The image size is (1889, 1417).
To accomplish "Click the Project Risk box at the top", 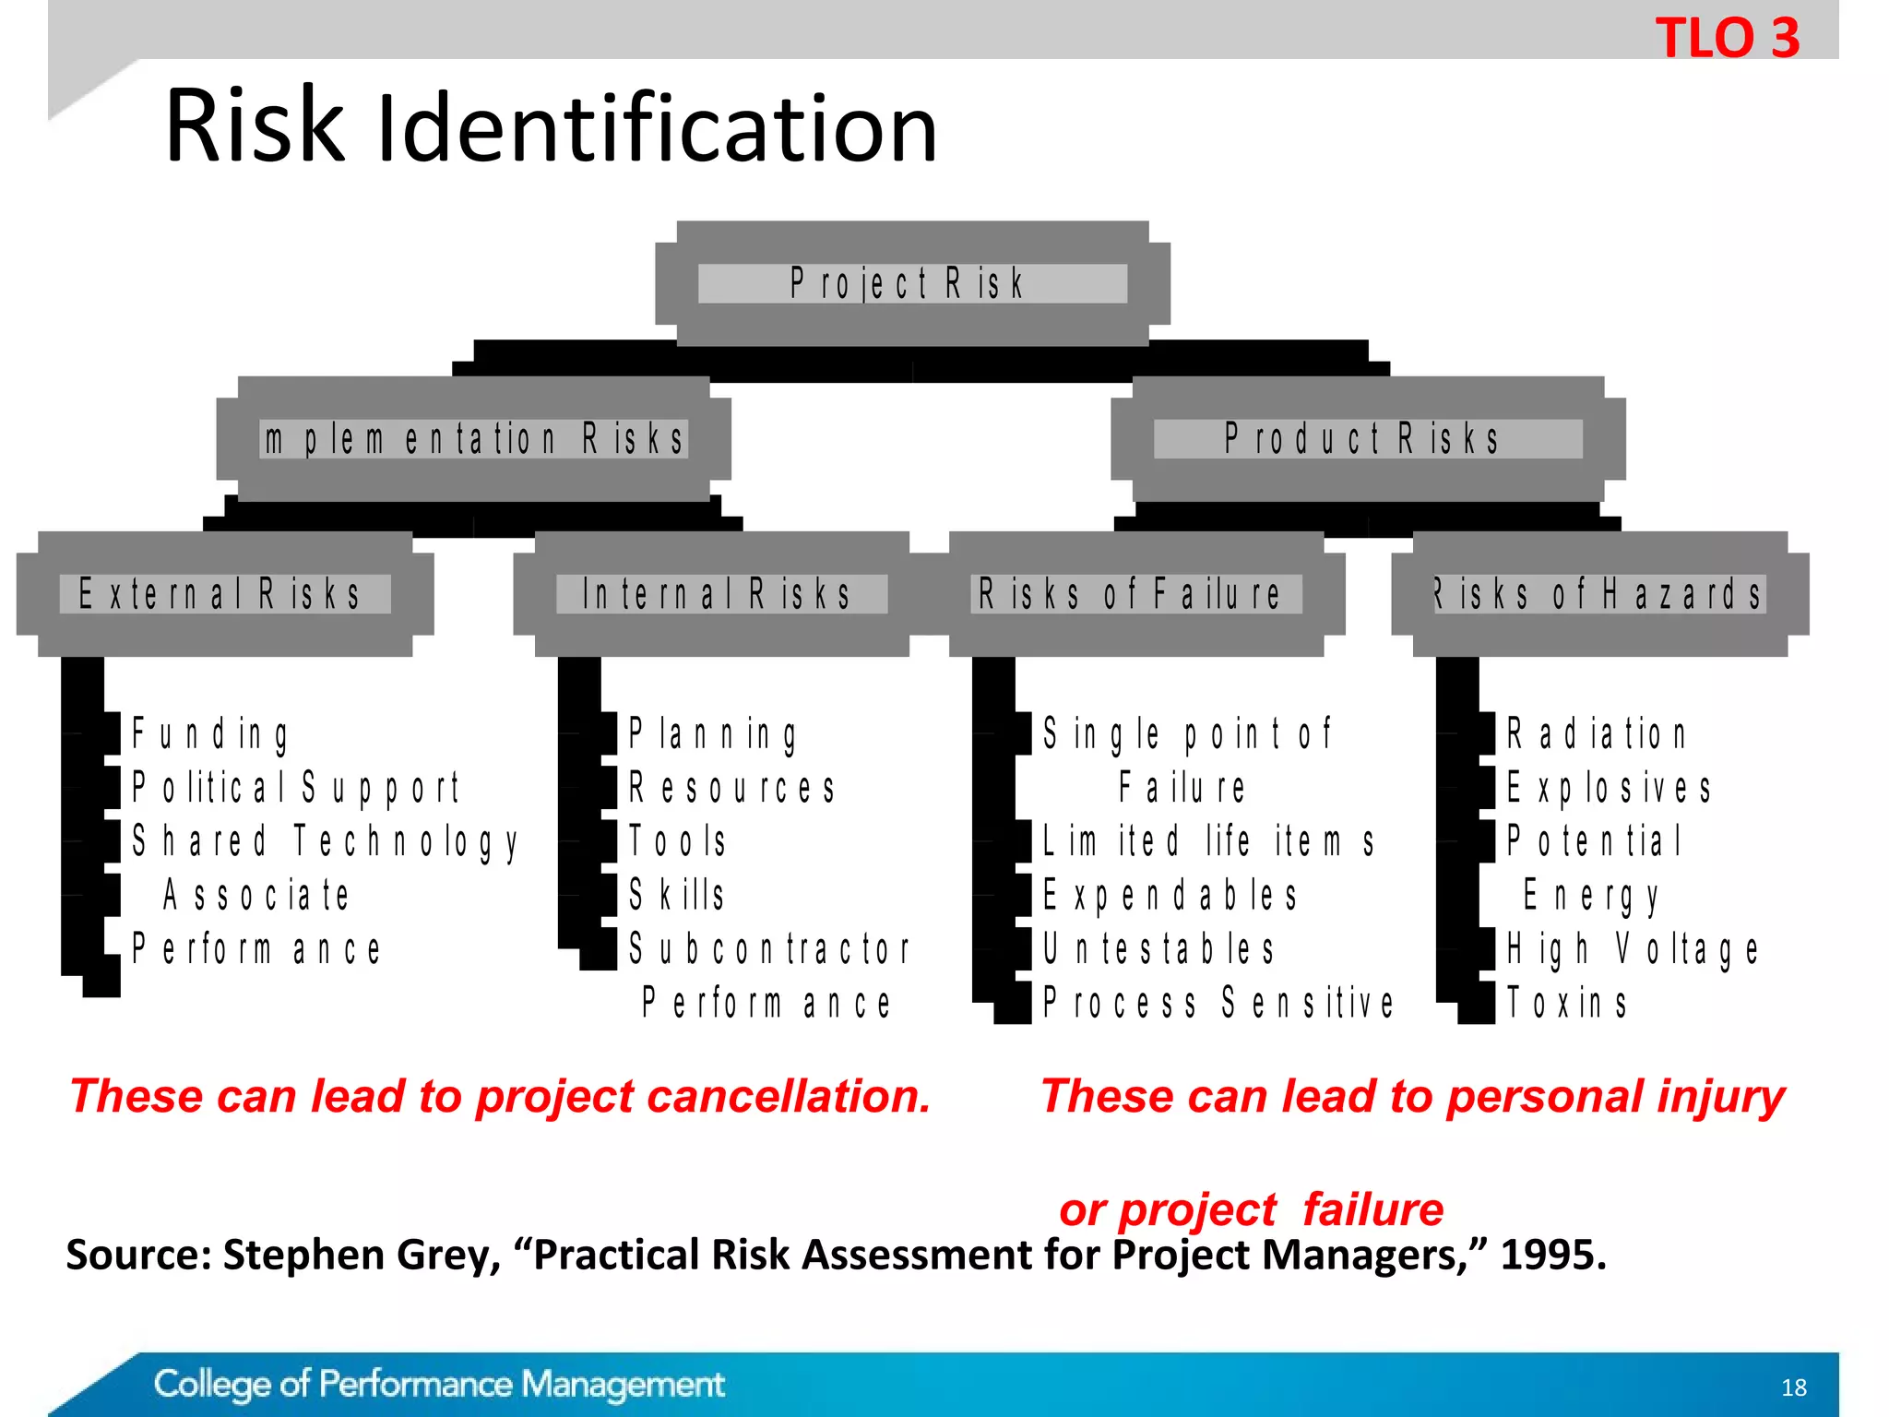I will coord(911,283).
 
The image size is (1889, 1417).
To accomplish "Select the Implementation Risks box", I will coord(474,439).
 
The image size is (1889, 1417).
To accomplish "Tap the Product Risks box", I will coord(1367,439).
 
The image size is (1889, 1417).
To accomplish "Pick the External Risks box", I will coord(224,594).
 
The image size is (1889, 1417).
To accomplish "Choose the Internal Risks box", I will coord(720,594).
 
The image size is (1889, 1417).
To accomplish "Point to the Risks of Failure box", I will coord(1135,594).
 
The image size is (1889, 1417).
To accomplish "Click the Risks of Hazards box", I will coord(1599,594).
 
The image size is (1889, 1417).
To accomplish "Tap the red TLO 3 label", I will coord(1727,39).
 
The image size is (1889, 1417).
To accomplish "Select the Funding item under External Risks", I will coord(210,734).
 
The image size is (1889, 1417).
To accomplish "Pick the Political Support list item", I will coord(295,788).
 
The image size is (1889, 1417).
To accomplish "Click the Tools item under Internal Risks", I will coord(678,841).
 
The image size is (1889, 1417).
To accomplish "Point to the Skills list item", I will coord(677,895).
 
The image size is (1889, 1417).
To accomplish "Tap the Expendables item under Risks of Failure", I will coord(1170,895).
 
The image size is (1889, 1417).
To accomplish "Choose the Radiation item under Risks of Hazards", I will coord(1597,734).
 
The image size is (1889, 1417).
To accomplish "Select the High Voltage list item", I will coord(1632,948).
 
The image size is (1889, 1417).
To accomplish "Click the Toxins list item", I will coord(1566,1003).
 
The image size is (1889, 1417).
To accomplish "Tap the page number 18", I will coord(1793,1387).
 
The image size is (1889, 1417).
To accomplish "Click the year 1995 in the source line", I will coord(1553,1255).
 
